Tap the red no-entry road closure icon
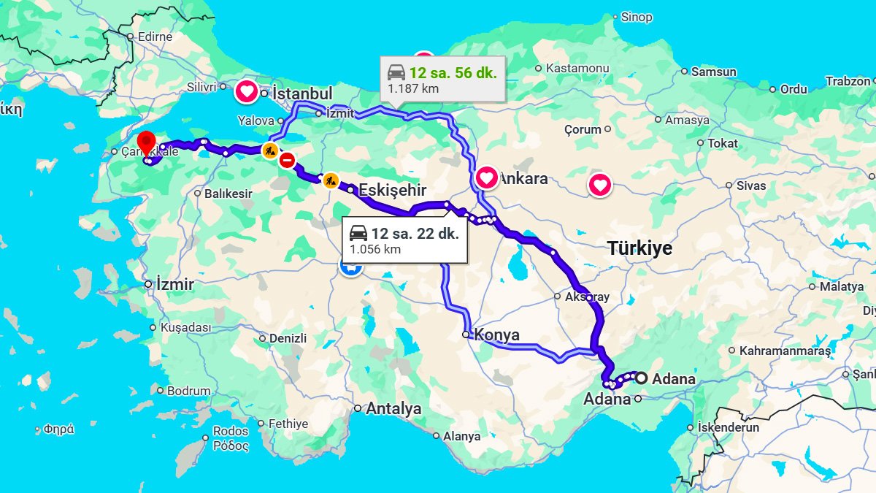(x=288, y=160)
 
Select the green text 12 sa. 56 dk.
(x=453, y=73)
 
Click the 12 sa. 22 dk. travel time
(x=415, y=234)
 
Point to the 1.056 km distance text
(x=375, y=249)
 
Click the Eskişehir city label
(x=392, y=190)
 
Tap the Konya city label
(x=496, y=335)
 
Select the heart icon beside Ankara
(x=487, y=177)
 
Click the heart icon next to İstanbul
(x=247, y=92)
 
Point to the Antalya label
(x=393, y=409)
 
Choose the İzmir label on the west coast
(x=174, y=285)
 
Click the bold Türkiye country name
(x=639, y=248)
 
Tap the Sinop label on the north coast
(x=637, y=17)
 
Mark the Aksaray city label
(x=586, y=297)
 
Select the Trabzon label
(x=848, y=81)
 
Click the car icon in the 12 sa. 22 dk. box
(x=358, y=234)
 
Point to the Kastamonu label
(x=577, y=68)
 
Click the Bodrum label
(x=188, y=391)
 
